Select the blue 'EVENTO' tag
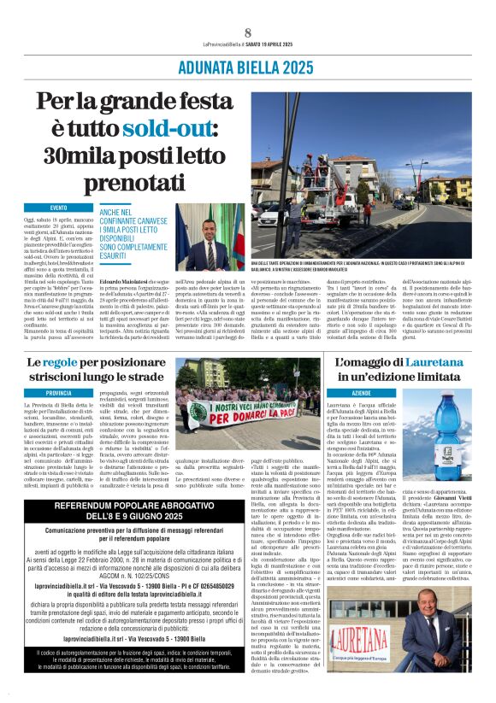click(58, 208)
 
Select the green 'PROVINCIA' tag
click(59, 392)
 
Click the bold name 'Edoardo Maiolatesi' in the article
click(123, 282)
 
